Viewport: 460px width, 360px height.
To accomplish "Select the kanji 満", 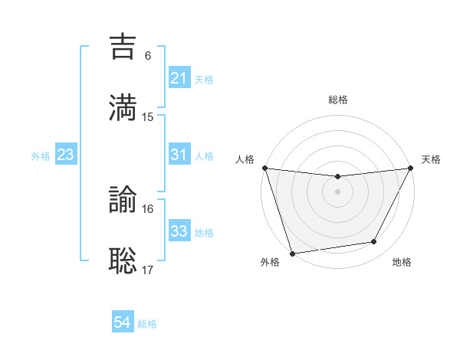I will (x=123, y=108).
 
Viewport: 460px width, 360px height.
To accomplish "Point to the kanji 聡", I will (x=123, y=260).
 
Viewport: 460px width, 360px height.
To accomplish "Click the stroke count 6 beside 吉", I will (x=148, y=55).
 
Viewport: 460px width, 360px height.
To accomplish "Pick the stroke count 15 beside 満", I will (x=148, y=116).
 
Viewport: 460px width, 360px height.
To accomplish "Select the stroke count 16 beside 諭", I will (x=148, y=208).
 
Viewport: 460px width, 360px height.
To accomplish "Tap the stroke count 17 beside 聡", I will (x=148, y=270).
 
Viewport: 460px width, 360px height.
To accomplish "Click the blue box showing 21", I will (x=179, y=78).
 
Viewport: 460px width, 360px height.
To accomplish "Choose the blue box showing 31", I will (x=179, y=155).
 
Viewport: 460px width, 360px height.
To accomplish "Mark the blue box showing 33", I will (x=179, y=231).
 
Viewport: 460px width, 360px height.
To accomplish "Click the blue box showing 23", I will (x=65, y=155).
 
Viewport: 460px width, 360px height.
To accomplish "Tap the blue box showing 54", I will (x=123, y=323).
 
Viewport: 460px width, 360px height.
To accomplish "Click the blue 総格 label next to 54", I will (x=147, y=324).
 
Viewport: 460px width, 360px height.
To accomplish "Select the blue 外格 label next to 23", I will (x=41, y=155).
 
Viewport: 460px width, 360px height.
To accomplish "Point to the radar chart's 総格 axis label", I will (x=337, y=100).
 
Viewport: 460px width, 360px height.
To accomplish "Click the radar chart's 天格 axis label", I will (x=431, y=159).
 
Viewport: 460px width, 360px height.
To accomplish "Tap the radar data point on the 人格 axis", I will (x=264, y=168).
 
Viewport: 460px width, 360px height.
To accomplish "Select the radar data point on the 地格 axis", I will (x=374, y=242).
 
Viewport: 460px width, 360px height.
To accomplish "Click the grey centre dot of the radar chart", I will (x=337, y=191).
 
